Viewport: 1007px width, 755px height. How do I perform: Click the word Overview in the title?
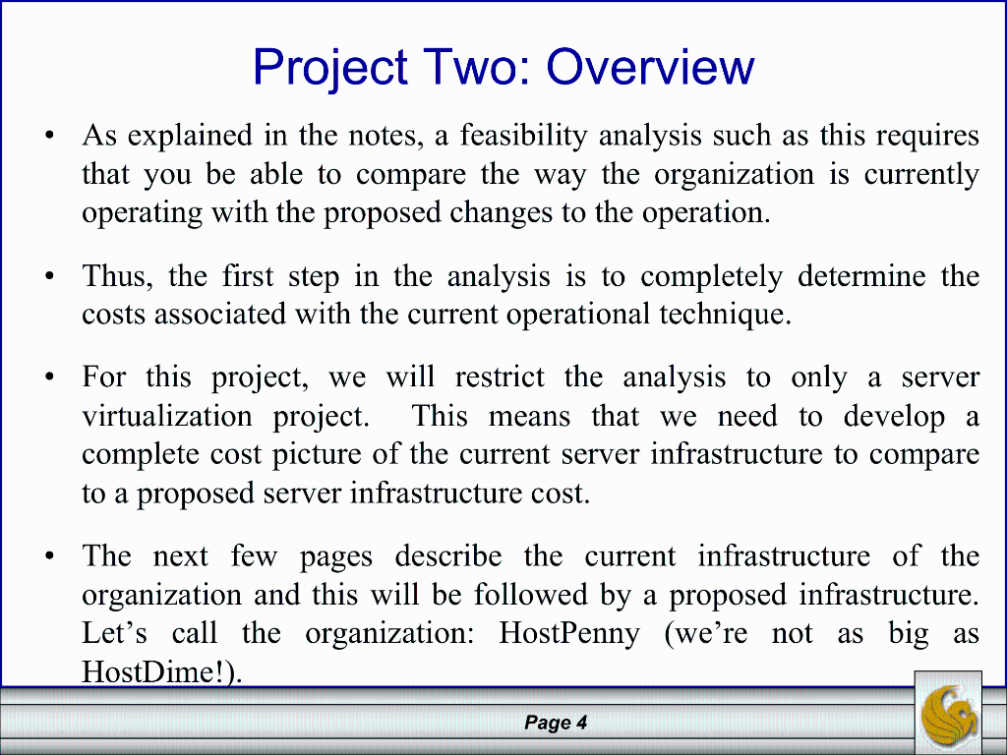[x=650, y=68]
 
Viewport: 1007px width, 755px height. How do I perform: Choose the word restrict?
[x=498, y=377]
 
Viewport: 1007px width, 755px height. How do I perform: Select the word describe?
[x=448, y=556]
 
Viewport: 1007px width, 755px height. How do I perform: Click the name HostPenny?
[x=569, y=633]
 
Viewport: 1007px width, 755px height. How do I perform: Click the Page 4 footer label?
[x=556, y=724]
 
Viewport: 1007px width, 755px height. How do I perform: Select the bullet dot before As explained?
[x=49, y=135]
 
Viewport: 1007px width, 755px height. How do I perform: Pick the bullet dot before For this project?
[x=49, y=377]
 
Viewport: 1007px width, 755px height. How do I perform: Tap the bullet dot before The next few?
[x=49, y=556]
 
